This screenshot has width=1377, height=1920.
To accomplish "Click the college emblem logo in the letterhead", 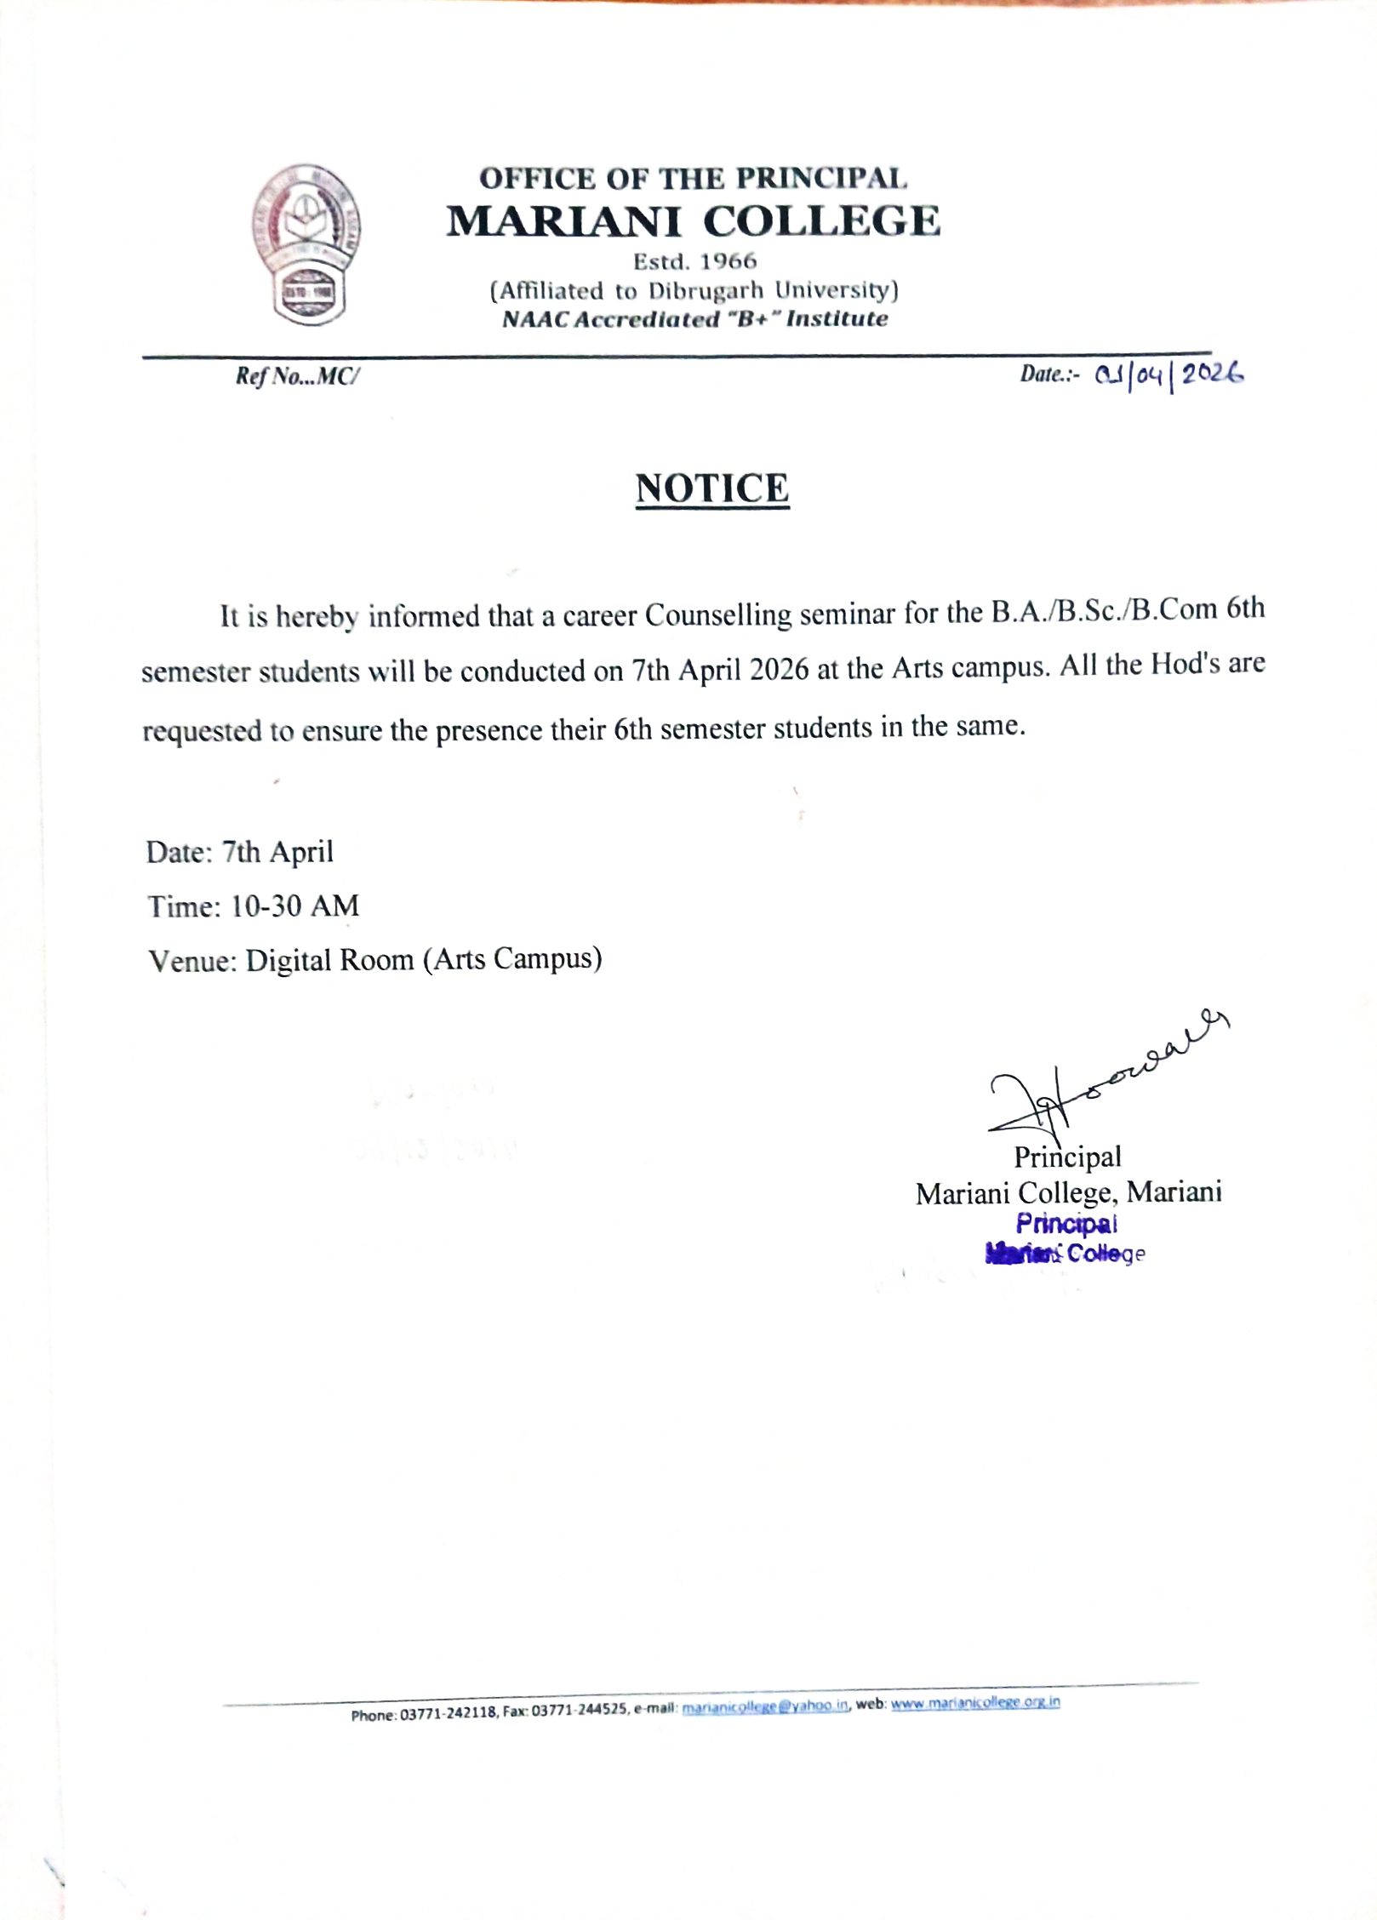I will [x=305, y=243].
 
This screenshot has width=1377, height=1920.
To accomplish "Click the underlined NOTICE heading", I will [x=712, y=489].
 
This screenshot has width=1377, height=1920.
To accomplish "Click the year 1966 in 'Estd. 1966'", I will [x=728, y=261].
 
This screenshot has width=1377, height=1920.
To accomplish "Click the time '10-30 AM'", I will [x=294, y=906].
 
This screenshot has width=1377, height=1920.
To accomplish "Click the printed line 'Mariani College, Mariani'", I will [x=1068, y=1192].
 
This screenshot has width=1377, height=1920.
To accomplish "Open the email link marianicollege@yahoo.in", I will [x=765, y=1706].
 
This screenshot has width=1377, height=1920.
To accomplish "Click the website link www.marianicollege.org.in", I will [x=974, y=1703].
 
